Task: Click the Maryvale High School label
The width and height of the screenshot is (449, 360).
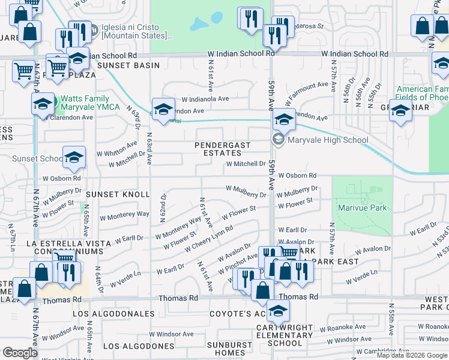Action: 328,140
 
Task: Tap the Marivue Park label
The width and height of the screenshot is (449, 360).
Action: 362,208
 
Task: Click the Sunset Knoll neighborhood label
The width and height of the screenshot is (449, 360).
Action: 117,194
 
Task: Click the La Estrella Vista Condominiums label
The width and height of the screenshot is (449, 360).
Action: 68,247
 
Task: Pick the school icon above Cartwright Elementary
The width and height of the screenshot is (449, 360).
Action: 278,311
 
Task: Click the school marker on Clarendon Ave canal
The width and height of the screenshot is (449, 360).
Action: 163,109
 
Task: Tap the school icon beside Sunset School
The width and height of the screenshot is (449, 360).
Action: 74,158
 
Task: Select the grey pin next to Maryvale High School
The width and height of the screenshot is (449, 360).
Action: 277,140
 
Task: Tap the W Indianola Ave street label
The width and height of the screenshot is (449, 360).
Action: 205,98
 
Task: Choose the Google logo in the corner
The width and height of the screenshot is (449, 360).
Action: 19,353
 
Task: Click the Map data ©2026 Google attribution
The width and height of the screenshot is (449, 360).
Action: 411,355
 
